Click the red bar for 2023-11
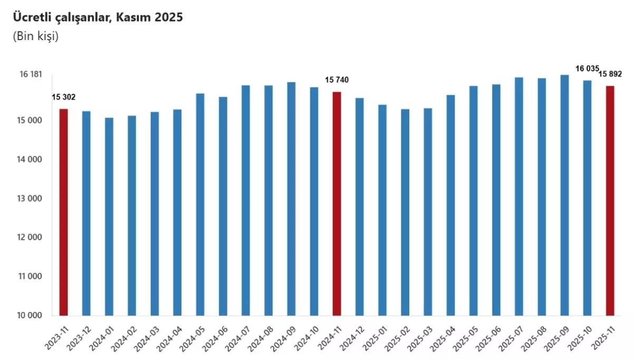(63, 212)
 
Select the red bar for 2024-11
(337, 203)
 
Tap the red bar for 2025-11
(610, 201)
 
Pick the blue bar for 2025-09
(564, 195)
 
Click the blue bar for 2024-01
(109, 217)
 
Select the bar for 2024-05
(200, 205)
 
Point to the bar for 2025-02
(405, 212)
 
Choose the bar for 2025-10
(587, 198)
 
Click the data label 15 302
(63, 97)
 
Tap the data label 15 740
(337, 80)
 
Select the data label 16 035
(587, 69)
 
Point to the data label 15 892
(610, 74)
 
